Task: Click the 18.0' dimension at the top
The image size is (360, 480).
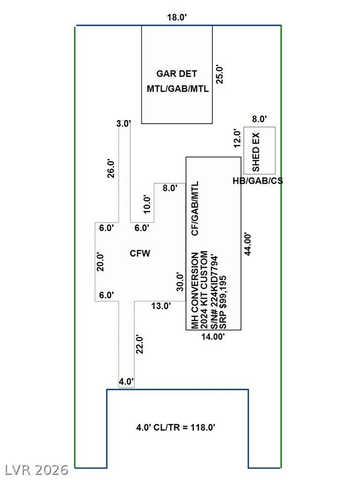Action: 177,17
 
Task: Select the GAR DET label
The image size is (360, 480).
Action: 177,74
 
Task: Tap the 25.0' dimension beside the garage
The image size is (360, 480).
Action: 220,74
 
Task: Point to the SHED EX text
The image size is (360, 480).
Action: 255,152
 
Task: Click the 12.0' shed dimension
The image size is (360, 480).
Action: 238,138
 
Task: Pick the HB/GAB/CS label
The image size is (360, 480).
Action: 258,181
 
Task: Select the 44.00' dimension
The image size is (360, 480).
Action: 247,244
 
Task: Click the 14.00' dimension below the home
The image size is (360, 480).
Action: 213,337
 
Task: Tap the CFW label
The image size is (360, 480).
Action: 140,254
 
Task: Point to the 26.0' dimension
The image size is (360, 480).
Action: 111,168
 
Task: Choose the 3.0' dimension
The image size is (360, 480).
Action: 124,124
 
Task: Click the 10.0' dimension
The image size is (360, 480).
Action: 147,204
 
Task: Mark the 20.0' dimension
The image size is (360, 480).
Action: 100,262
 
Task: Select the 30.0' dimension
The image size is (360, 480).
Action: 180,282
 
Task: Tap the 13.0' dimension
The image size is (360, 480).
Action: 161,306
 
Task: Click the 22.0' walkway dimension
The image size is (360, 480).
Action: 140,345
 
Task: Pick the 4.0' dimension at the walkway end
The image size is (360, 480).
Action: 126,382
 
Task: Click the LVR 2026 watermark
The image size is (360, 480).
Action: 37,470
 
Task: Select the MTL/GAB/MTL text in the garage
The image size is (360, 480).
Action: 178,89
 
